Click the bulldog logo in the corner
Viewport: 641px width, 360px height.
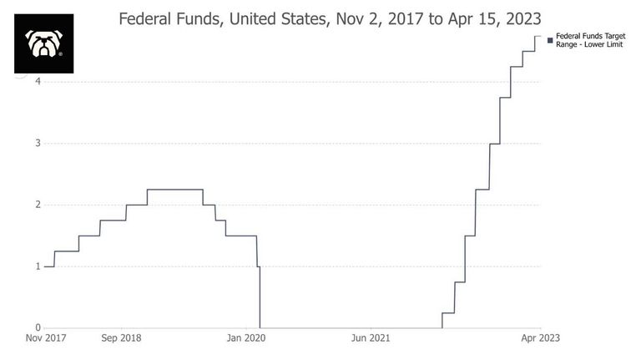(x=43, y=43)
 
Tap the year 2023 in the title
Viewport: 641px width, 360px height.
(x=523, y=19)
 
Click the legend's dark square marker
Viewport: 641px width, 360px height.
(x=550, y=40)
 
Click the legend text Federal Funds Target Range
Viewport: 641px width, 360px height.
(x=591, y=40)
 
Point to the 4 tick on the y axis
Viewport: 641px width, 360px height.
(x=38, y=81)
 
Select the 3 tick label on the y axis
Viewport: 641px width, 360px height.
(x=38, y=143)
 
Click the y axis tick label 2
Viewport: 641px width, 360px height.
(x=38, y=205)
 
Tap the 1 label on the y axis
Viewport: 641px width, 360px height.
(x=38, y=266)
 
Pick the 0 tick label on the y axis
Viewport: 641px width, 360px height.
(x=38, y=327)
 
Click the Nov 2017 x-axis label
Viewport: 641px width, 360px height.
(x=46, y=338)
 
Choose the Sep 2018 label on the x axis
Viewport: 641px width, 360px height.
(x=121, y=338)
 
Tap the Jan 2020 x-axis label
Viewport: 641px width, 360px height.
(x=246, y=338)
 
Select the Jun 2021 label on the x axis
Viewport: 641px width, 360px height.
(x=371, y=338)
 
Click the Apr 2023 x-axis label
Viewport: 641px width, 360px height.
(x=541, y=338)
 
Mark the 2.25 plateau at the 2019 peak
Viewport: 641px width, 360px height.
(x=175, y=190)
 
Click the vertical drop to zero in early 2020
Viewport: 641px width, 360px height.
(x=260, y=297)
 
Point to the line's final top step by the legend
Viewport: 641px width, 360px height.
(x=538, y=36)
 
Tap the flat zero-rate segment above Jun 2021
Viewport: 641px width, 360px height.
(x=351, y=327)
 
